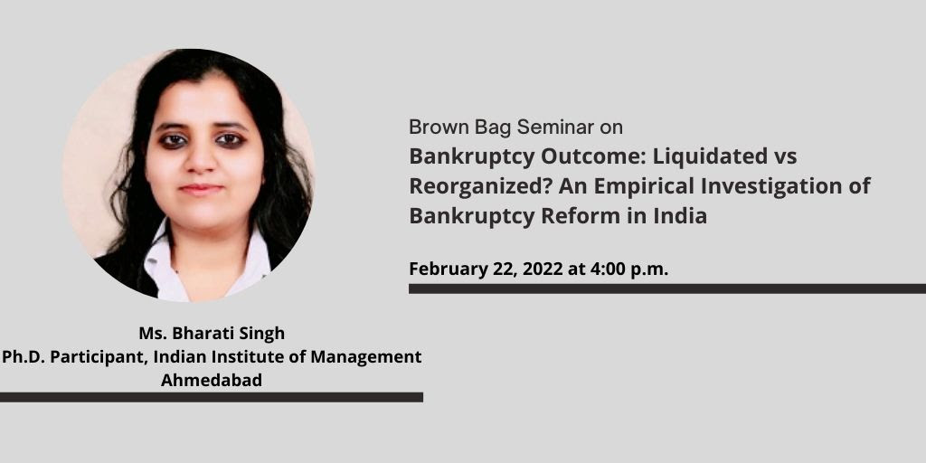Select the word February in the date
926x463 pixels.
point(449,269)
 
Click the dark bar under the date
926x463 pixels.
point(667,288)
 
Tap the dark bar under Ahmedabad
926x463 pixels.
point(212,398)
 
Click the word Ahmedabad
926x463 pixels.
point(212,381)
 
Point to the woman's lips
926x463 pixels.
point(202,190)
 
